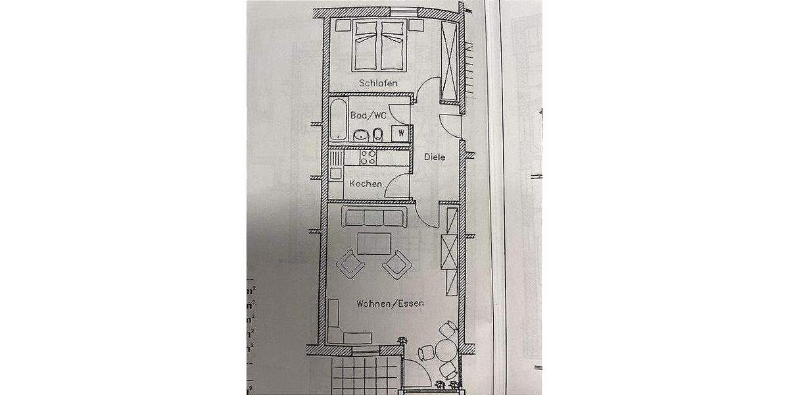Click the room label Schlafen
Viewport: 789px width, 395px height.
pyautogui.click(x=379, y=83)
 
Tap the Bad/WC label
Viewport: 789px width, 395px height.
pyautogui.click(x=368, y=115)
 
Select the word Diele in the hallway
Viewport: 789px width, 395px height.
pyautogui.click(x=435, y=157)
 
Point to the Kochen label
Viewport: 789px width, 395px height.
pyautogui.click(x=366, y=184)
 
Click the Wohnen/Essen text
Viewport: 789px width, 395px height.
pyautogui.click(x=390, y=304)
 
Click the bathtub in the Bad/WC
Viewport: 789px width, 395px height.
pyautogui.click(x=338, y=120)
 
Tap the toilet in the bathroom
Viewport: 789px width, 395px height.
pyautogui.click(x=378, y=135)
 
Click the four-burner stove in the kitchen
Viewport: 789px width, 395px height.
pyautogui.click(x=368, y=158)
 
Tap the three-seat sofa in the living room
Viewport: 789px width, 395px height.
pyautogui.click(x=372, y=217)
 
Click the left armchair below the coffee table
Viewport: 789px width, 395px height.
pyautogui.click(x=350, y=265)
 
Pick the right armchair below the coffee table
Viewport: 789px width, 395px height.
pyautogui.click(x=396, y=265)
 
